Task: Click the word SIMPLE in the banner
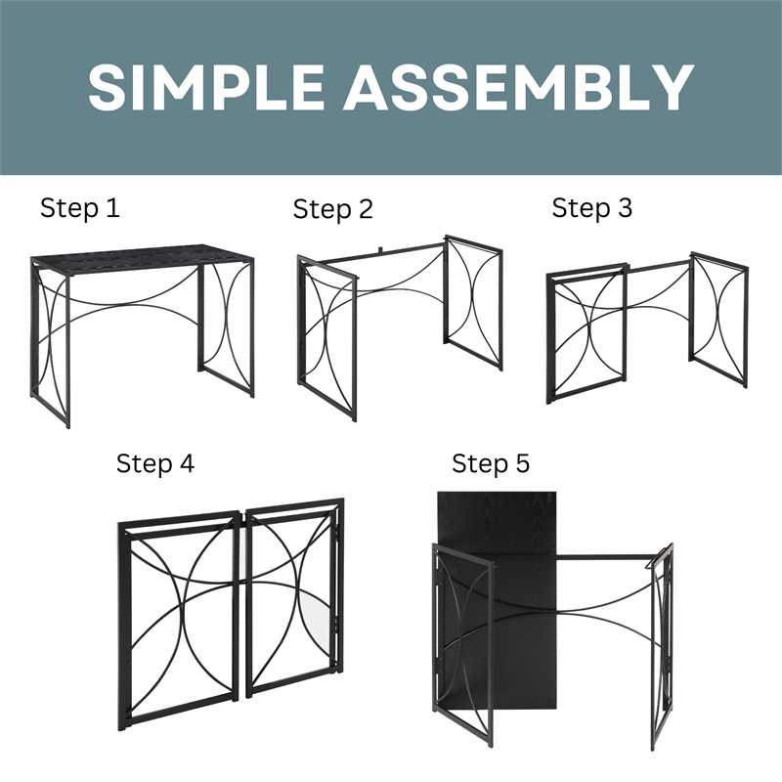tap(206, 86)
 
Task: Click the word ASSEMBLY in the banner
tap(518, 86)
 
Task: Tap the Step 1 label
tap(80, 208)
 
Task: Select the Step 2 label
tap(333, 209)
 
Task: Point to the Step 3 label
tap(592, 208)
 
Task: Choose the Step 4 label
tap(155, 463)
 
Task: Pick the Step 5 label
tap(491, 463)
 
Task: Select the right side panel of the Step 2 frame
tap(473, 304)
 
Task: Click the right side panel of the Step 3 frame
tap(718, 320)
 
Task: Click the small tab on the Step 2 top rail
tap(379, 248)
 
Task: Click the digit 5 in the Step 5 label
tap(523, 463)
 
